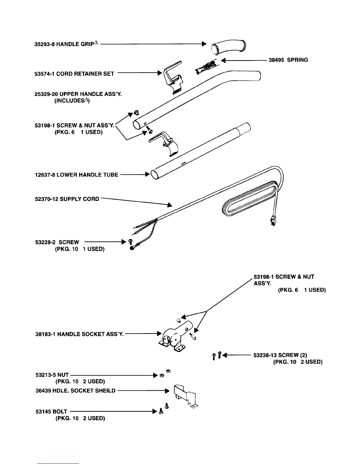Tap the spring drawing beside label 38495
coord(206,67)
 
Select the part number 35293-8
coord(44,44)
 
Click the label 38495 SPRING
coord(288,60)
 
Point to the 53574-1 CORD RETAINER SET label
coord(74,74)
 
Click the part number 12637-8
coord(45,175)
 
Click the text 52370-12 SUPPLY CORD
coord(67,199)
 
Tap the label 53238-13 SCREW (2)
coord(280,355)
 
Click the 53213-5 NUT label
coord(52,375)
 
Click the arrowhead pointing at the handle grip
coord(204,44)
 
